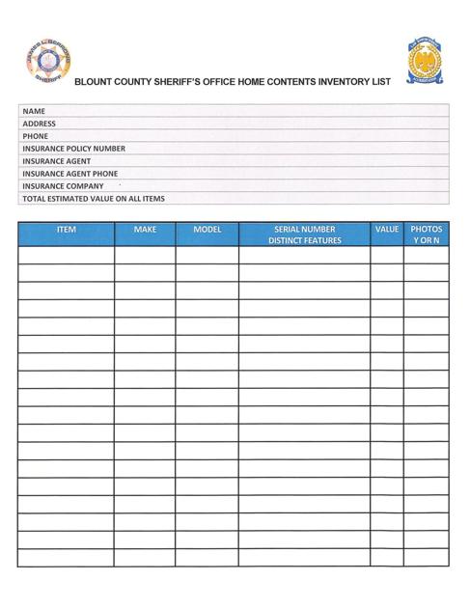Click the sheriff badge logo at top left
point(48,67)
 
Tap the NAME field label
point(36,111)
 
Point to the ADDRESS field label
point(40,124)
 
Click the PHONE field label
point(36,136)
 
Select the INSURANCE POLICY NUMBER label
point(73,149)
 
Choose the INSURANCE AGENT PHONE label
point(69,174)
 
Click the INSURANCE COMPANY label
point(63,186)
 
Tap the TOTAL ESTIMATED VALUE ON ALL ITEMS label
point(93,199)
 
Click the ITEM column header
point(66,231)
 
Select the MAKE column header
point(145,231)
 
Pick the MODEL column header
point(207,231)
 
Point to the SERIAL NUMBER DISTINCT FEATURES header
point(304,235)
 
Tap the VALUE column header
point(387,231)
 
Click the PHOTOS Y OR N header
point(427,235)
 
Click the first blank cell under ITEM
point(66,256)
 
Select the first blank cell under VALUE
point(387,256)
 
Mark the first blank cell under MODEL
point(207,256)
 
